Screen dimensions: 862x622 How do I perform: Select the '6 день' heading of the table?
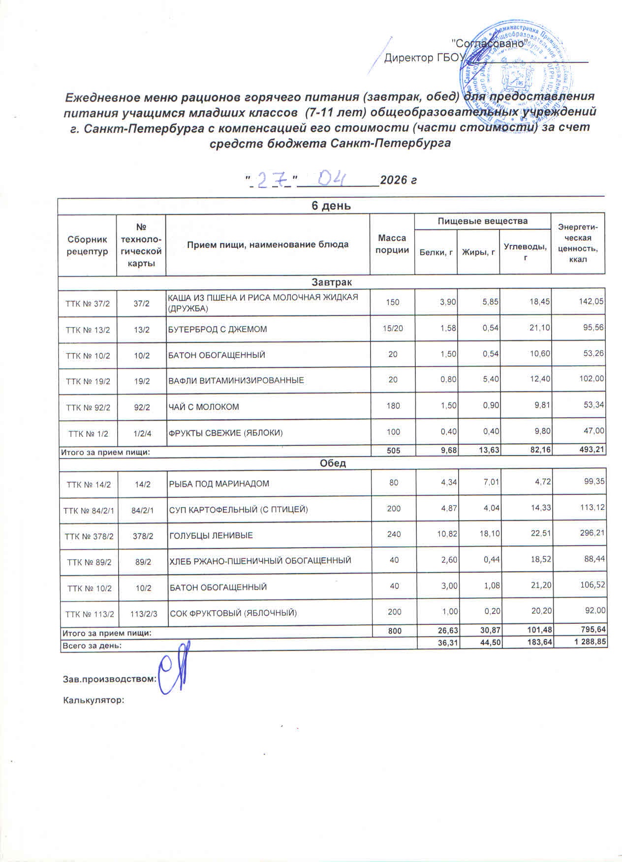[x=331, y=206]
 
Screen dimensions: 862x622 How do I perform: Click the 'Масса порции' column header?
[x=392, y=244]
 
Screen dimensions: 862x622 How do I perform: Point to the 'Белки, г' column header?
[x=435, y=252]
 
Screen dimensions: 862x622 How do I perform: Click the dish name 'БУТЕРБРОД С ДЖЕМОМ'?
[x=218, y=329]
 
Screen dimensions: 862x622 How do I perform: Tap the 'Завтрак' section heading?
[x=331, y=282]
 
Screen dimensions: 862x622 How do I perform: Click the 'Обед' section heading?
[x=333, y=463]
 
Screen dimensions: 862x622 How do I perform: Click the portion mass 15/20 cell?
[x=392, y=329]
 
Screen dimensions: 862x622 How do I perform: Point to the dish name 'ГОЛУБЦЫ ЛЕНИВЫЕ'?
[x=211, y=535]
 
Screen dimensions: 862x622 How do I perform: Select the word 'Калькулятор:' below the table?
[x=93, y=700]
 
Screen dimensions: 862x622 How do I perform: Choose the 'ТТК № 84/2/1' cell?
[x=88, y=510]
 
